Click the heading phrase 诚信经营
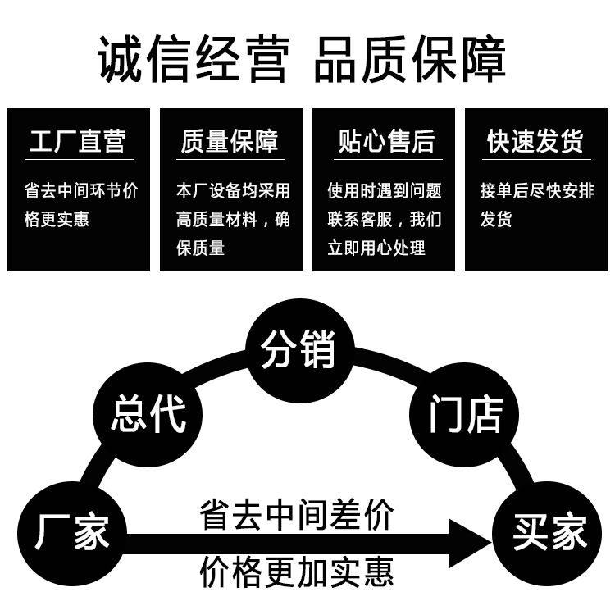coord(194,58)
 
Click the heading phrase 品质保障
coord(410,58)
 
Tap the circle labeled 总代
coord(148,413)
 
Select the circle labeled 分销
coord(299,350)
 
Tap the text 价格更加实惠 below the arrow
coord(297,572)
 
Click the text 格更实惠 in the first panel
coord(57,219)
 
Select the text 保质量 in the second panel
coord(201,247)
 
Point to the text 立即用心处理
coord(376,247)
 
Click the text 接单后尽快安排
coord(536,191)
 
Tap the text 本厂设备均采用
coord(233,191)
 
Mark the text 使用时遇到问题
coord(385,191)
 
